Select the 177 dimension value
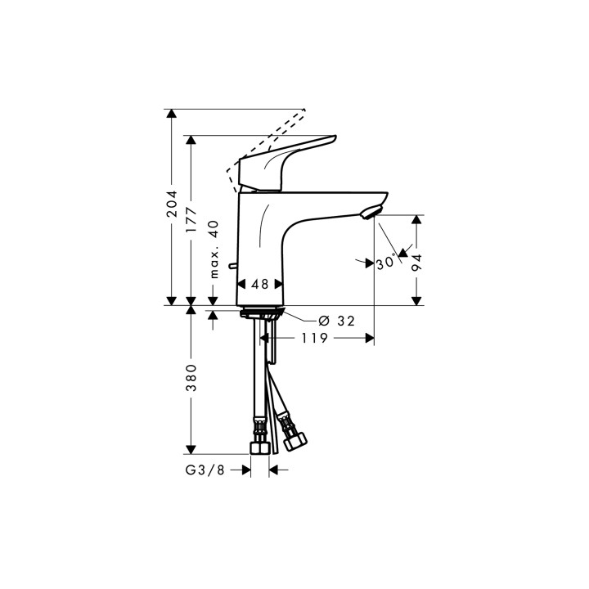[x=191, y=220]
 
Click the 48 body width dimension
[x=260, y=285]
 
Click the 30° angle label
[x=385, y=263]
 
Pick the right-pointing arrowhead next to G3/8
[x=244, y=470]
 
